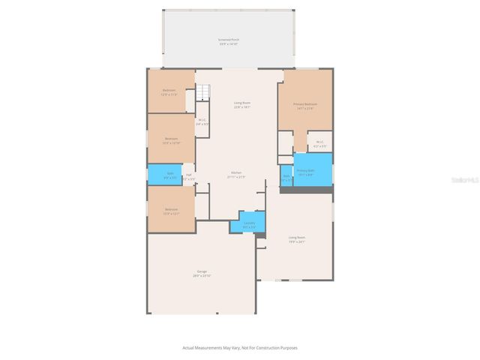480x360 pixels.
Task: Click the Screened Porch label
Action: click(x=229, y=39)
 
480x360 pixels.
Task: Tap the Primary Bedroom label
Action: click(x=305, y=104)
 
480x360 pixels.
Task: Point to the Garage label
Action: click(x=202, y=271)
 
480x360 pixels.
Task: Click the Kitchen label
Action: click(x=235, y=173)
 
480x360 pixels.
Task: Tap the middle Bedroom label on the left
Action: click(x=171, y=139)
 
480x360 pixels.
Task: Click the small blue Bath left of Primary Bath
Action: click(x=286, y=177)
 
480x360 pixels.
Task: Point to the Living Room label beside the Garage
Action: click(x=297, y=238)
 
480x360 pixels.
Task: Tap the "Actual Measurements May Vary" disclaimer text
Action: click(x=239, y=347)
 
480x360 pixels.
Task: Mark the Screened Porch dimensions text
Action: click(x=229, y=44)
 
